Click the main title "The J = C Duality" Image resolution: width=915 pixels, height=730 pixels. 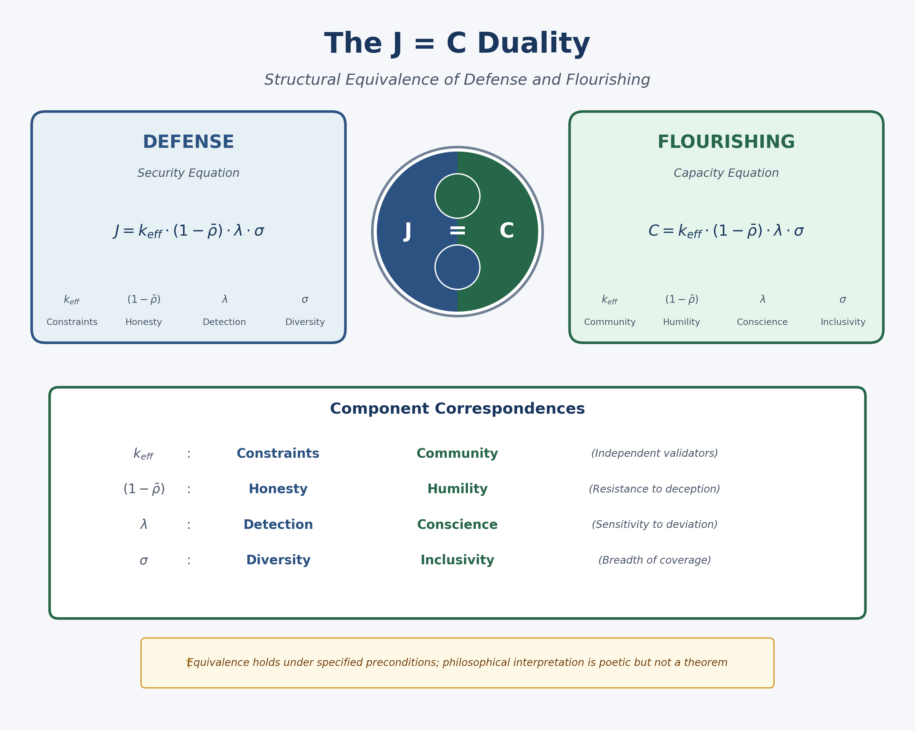[457, 43]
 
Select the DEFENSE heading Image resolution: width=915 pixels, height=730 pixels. [189, 142]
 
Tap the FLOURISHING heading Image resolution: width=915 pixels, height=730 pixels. [726, 142]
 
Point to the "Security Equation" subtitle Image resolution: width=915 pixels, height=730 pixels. [189, 173]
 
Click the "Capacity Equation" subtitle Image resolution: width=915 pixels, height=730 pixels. [726, 173]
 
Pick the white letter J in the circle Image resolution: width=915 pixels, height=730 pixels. [407, 231]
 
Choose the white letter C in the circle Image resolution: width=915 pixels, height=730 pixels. [507, 231]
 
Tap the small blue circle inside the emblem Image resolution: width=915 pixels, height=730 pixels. [457, 267]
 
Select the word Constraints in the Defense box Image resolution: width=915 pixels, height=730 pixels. [72, 322]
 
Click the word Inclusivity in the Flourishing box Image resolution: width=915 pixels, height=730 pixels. [843, 322]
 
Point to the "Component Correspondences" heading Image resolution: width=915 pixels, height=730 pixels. [457, 409]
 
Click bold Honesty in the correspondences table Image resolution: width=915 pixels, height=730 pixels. [278, 489]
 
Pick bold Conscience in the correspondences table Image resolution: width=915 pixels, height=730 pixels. [457, 525]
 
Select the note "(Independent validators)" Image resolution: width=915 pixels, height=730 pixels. [654, 453]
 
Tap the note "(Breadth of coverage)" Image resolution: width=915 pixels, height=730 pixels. [654, 560]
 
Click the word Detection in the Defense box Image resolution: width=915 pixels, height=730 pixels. [224, 322]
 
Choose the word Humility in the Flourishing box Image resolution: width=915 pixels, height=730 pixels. [681, 322]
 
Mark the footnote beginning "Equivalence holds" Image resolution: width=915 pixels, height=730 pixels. [457, 663]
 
